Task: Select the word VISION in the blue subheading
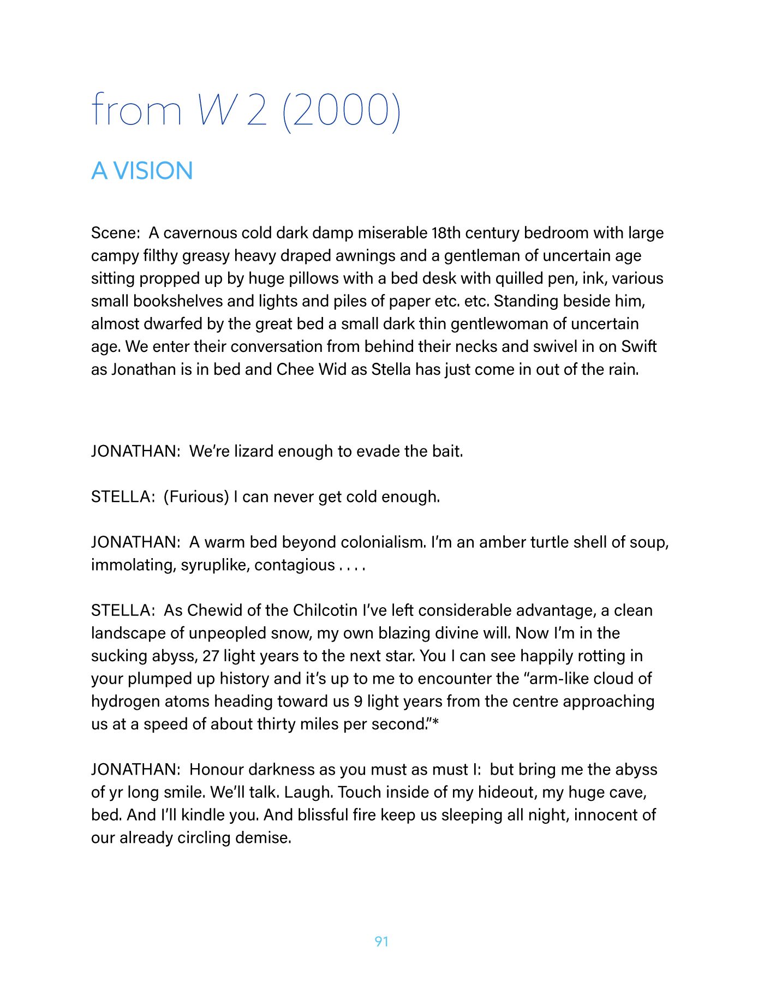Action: [153, 171]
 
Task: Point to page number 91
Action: [381, 941]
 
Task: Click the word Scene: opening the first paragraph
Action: [116, 233]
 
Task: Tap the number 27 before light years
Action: [211, 656]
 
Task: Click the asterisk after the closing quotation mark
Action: [435, 723]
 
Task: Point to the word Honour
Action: [216, 769]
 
